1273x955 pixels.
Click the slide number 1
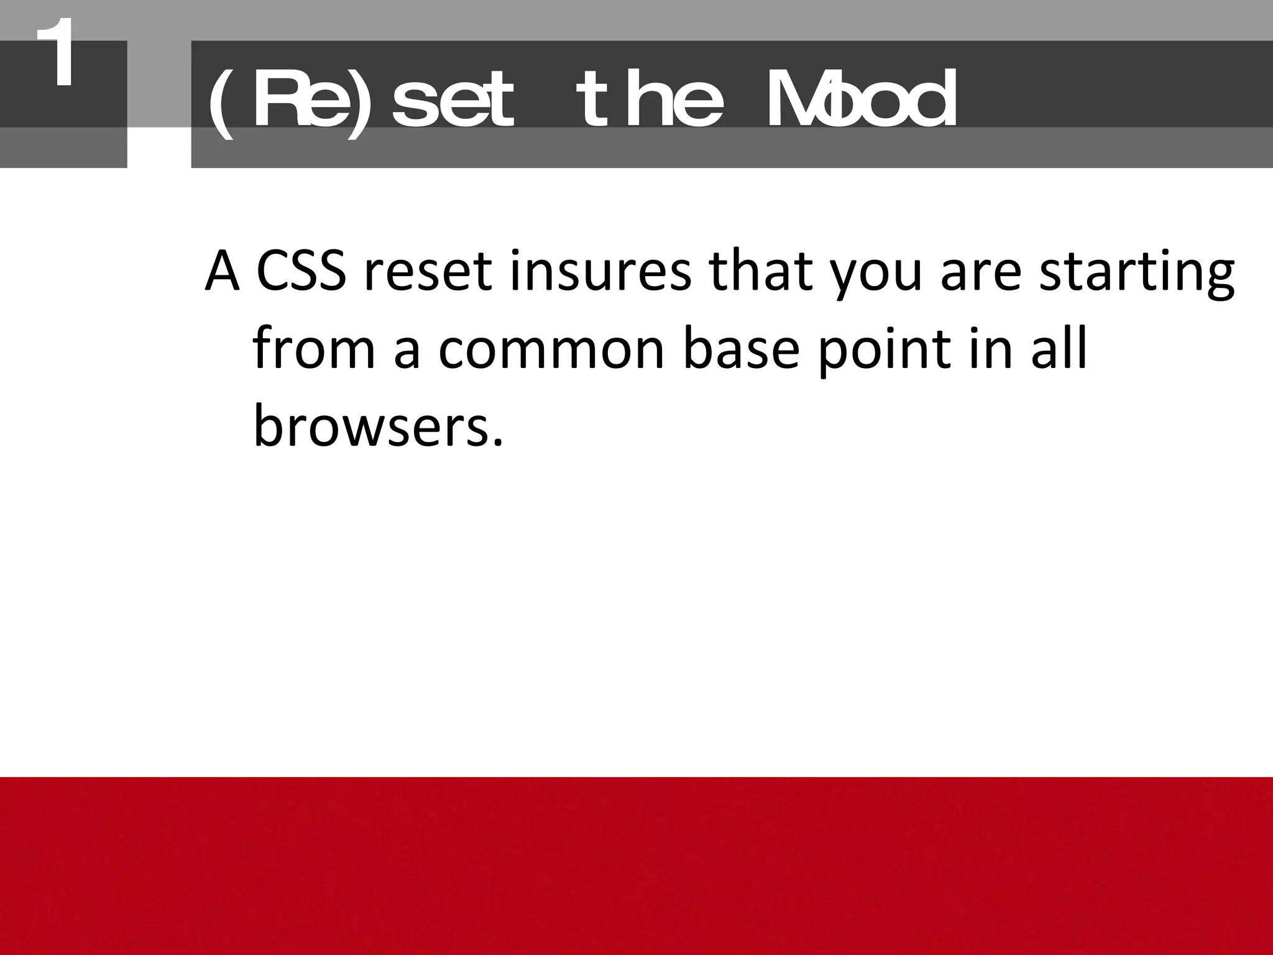(55, 55)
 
